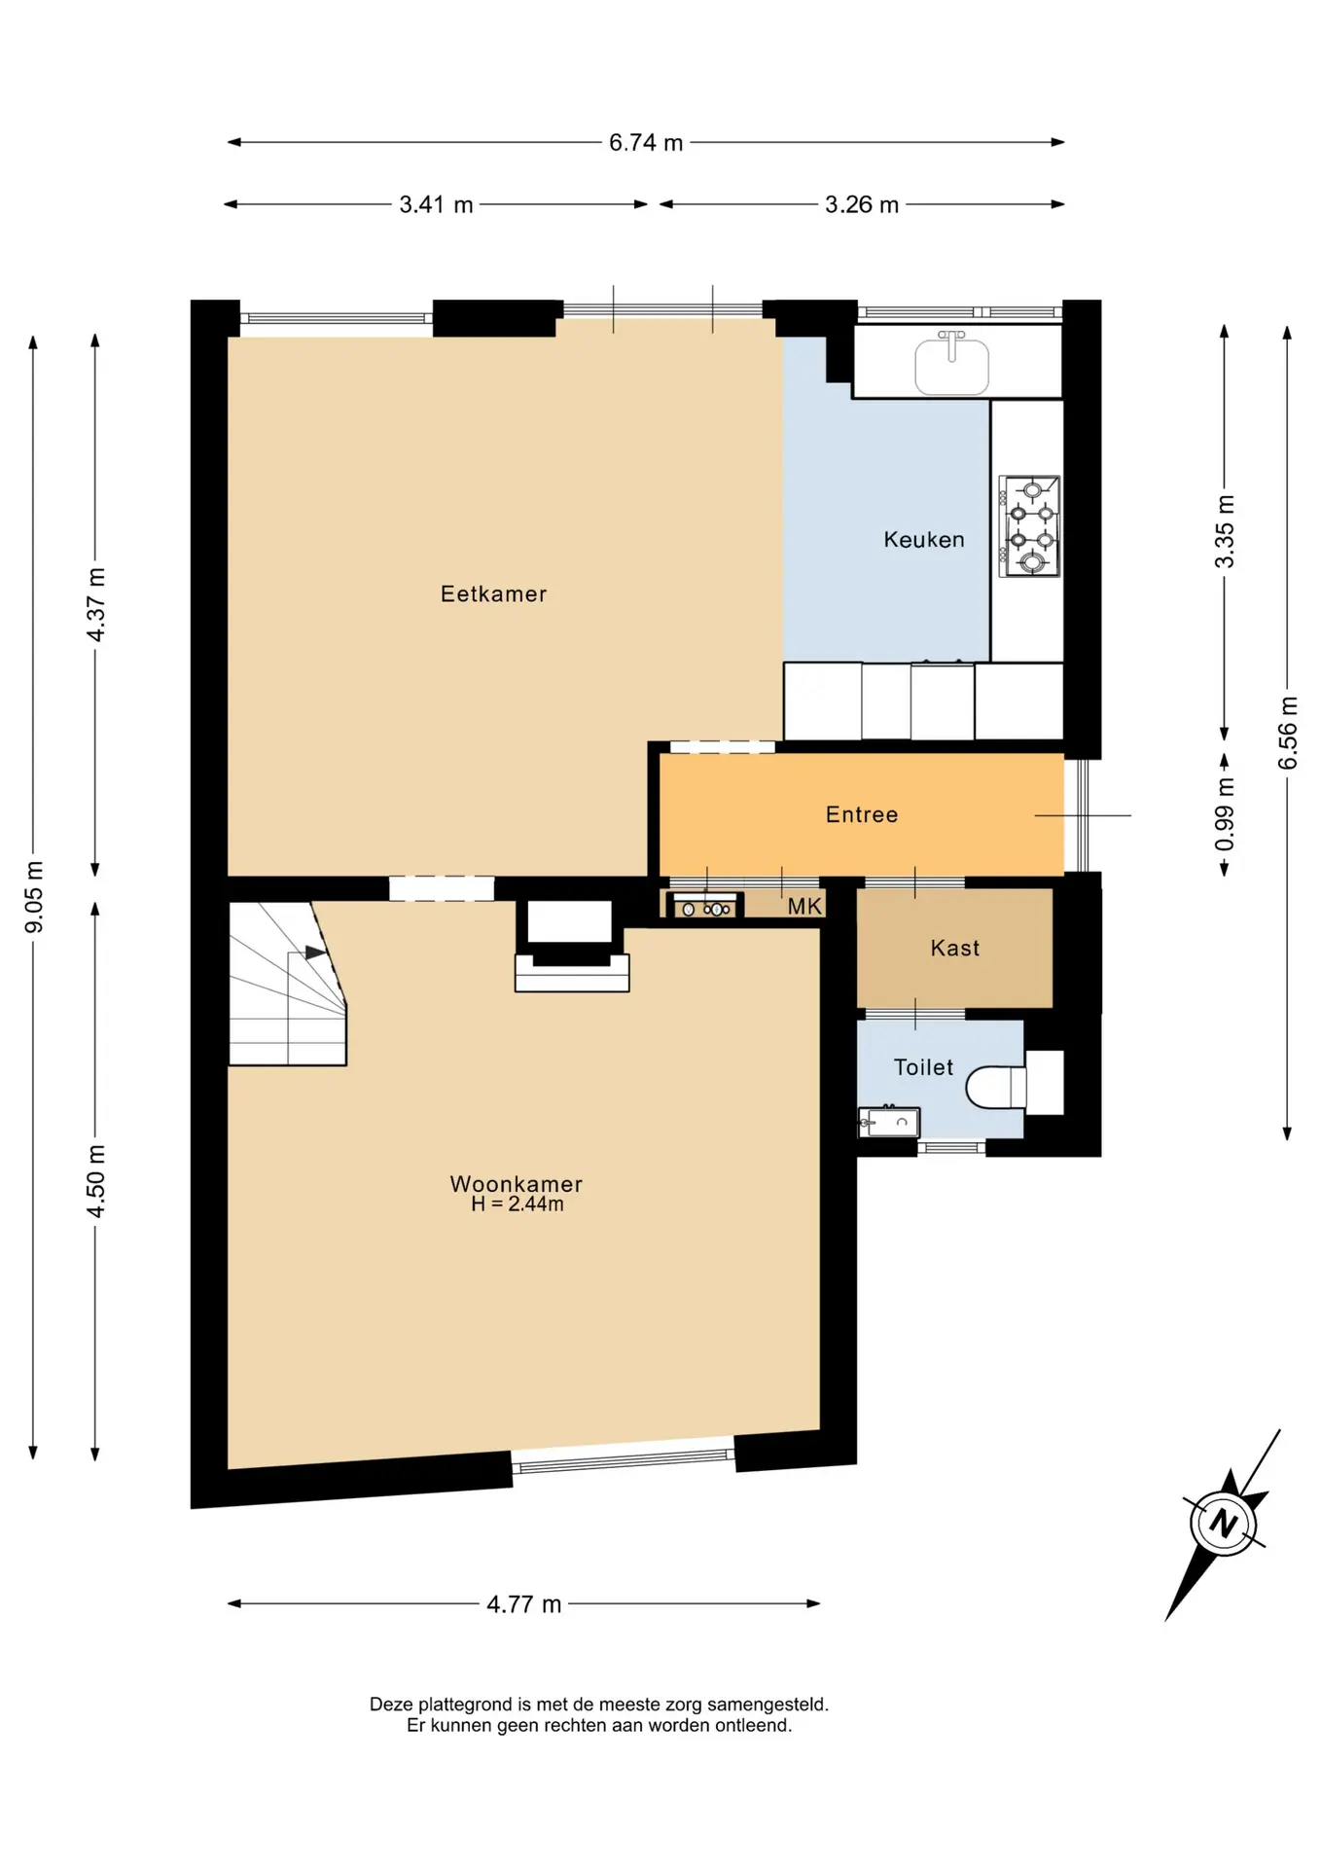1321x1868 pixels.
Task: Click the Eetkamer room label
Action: click(493, 593)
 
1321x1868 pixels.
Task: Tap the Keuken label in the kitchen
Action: click(924, 539)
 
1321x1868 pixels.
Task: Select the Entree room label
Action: click(862, 814)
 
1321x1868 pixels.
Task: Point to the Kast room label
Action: click(955, 948)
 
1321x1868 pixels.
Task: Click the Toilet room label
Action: click(924, 1067)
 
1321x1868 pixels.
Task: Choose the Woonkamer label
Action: click(517, 1183)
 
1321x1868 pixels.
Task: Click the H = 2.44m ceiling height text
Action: click(518, 1204)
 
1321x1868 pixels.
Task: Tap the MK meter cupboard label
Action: click(805, 907)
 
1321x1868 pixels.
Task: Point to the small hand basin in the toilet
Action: click(889, 1123)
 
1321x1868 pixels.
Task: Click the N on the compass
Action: click(1224, 1523)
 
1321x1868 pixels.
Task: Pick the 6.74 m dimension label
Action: click(646, 142)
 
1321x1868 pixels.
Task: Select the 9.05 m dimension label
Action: click(34, 897)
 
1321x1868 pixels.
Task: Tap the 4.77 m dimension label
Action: click(524, 1604)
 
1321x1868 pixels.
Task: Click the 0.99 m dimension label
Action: click(1225, 814)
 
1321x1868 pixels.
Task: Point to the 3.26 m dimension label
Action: click(862, 204)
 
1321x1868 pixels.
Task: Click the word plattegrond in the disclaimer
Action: click(465, 1705)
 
